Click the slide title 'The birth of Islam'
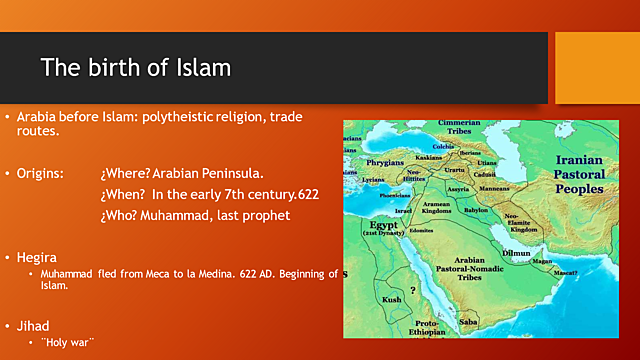pos(135,68)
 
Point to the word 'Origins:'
pos(40,173)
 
